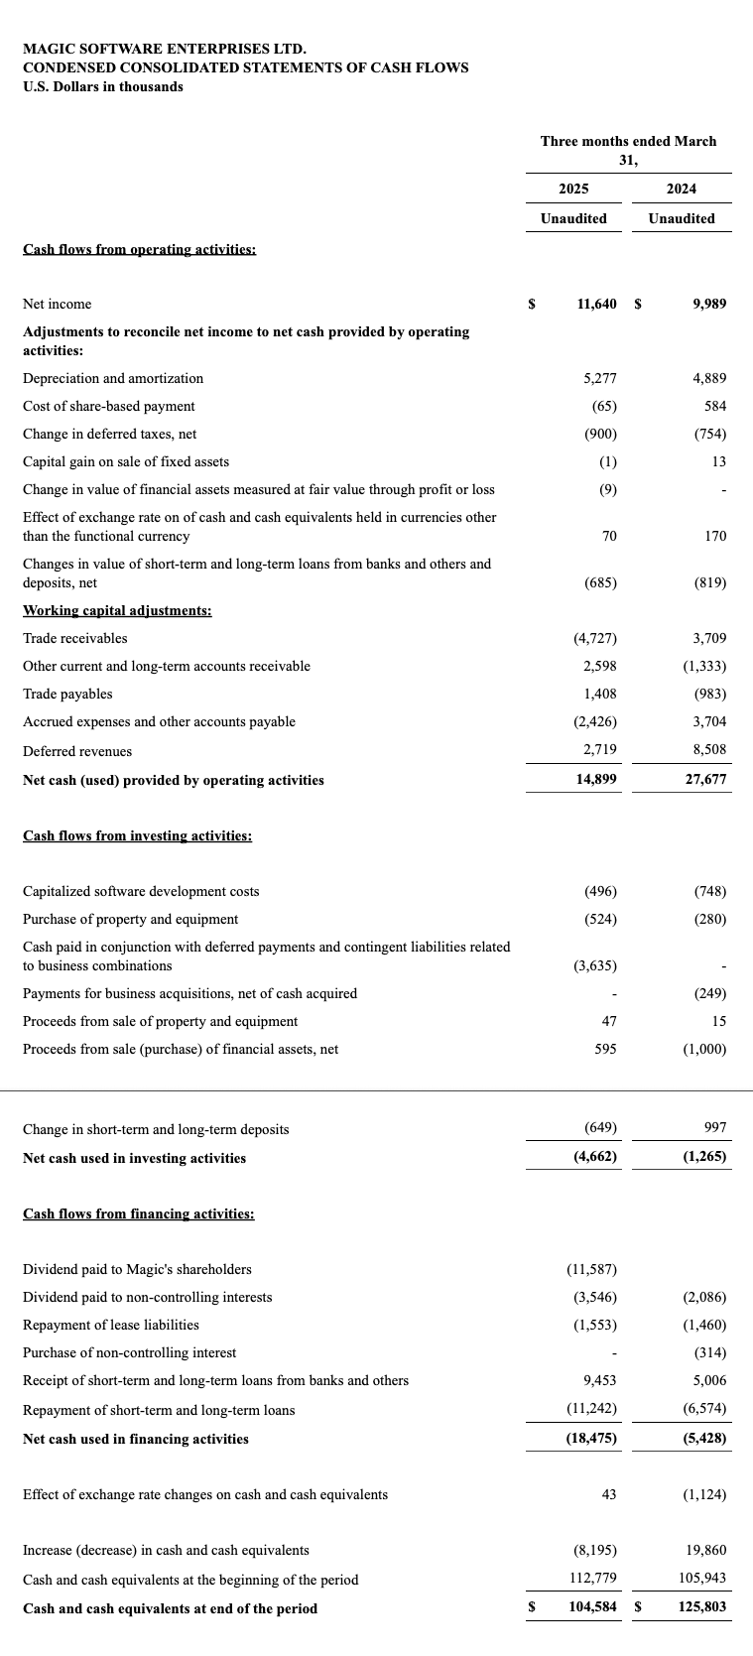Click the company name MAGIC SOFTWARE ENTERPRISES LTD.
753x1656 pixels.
[x=165, y=49]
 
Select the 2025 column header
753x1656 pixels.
[x=573, y=189]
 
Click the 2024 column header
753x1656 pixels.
[x=682, y=189]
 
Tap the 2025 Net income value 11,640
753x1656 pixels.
[x=596, y=304]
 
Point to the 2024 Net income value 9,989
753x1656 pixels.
[x=709, y=304]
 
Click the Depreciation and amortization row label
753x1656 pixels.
[x=113, y=378]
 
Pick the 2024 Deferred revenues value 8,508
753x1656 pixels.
[x=709, y=751]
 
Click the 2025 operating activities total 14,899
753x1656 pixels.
[x=596, y=780]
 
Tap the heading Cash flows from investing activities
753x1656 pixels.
[x=137, y=835]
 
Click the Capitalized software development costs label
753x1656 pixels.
[x=141, y=891]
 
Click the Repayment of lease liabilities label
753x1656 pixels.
[x=110, y=1325]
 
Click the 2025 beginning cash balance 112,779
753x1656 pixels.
[x=592, y=1580]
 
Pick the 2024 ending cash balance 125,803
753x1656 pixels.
[x=702, y=1608]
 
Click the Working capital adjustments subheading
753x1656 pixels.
[x=117, y=610]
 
